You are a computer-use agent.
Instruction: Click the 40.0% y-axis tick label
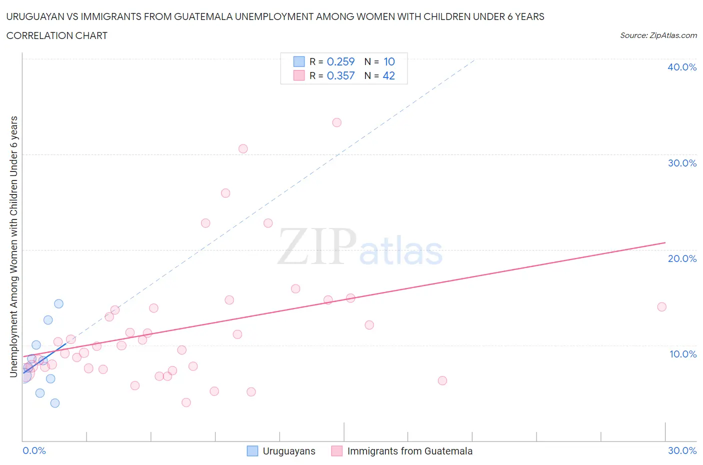tap(681, 67)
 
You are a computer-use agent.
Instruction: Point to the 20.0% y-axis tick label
tap(681, 258)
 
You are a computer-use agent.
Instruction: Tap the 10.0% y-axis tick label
tap(682, 354)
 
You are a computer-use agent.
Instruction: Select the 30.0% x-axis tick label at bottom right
tap(682, 450)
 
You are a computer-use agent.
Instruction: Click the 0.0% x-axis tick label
tap(34, 450)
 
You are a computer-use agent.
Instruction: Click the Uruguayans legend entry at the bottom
tap(288, 451)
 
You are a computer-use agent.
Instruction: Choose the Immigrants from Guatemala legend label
tap(409, 451)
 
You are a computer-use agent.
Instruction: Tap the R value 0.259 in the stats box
tap(340, 61)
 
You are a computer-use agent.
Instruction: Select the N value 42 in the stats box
tap(388, 75)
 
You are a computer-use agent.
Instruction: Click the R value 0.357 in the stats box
tap(340, 75)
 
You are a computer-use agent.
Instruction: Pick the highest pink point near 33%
tap(336, 122)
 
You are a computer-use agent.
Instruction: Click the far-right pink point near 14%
tap(661, 307)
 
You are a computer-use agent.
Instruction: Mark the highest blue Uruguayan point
tap(58, 303)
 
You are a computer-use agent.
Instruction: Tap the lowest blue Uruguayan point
tap(55, 403)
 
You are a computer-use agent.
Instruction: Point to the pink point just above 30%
tap(243, 148)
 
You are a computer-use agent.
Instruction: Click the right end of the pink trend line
tap(665, 242)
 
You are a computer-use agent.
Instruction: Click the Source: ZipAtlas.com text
tap(658, 35)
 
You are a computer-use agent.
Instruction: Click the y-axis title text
tap(14, 246)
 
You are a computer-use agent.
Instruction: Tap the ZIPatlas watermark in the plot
tap(360, 247)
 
